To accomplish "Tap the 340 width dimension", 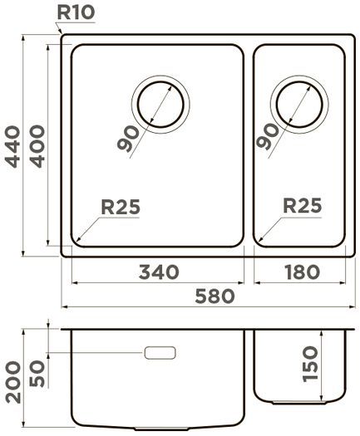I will (x=155, y=272).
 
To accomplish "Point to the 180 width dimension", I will (x=301, y=272).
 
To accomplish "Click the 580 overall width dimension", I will (x=213, y=296).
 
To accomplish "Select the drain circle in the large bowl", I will (x=160, y=105).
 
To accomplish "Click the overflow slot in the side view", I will (x=160, y=353).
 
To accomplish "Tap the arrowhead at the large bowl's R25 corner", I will (x=77, y=241).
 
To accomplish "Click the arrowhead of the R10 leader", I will (x=63, y=36).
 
